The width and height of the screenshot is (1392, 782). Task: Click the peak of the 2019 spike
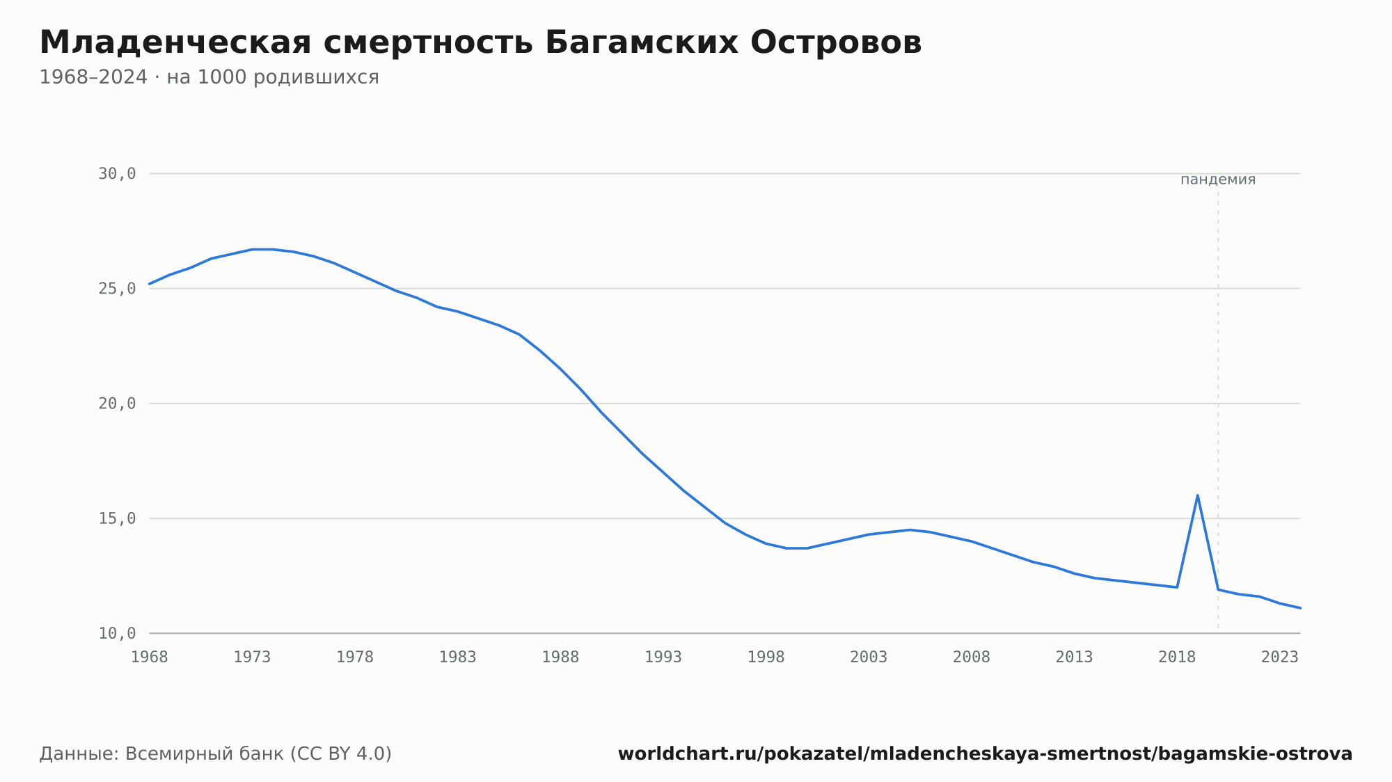(x=1197, y=495)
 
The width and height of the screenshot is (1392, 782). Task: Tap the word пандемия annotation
(x=1218, y=179)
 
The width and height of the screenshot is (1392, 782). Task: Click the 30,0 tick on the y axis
(x=117, y=174)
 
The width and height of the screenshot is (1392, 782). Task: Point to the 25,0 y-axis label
(x=117, y=289)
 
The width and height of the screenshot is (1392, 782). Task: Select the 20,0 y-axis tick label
(x=117, y=404)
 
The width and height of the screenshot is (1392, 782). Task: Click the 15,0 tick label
(x=117, y=518)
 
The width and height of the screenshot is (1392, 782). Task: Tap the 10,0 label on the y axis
(x=117, y=633)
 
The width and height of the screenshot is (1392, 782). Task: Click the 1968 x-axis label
(x=150, y=657)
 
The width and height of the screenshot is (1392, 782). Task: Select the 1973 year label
(x=252, y=657)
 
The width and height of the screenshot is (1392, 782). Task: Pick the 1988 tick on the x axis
(x=560, y=657)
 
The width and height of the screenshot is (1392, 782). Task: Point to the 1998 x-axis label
(x=766, y=657)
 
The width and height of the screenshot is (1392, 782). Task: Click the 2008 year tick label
(x=972, y=657)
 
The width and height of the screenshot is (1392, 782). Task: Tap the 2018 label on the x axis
(x=1177, y=657)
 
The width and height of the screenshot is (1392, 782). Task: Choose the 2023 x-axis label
(x=1280, y=657)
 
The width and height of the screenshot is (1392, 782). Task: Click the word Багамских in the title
(x=642, y=42)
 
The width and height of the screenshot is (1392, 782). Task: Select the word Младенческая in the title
(x=175, y=42)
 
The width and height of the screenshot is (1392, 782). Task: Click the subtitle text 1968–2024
(x=93, y=77)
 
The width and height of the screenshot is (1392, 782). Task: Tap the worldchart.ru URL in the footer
(x=985, y=754)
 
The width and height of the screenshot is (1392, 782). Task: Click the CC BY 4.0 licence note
(x=340, y=754)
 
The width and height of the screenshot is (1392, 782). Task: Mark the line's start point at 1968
(x=150, y=284)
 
